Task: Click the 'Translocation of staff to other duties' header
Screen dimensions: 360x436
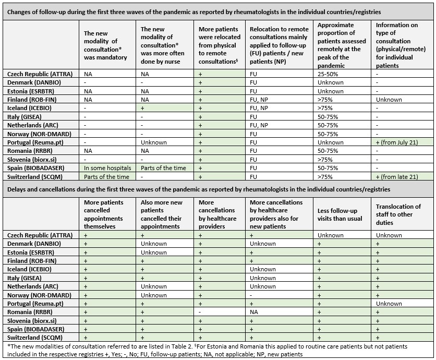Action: point(398,214)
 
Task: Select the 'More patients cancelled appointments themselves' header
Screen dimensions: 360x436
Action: point(104,214)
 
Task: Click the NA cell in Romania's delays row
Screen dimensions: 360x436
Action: point(255,312)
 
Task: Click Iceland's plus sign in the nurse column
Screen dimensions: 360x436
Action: point(142,108)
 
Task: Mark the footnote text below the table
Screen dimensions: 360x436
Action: point(209,350)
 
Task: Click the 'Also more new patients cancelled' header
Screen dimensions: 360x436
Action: point(162,214)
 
